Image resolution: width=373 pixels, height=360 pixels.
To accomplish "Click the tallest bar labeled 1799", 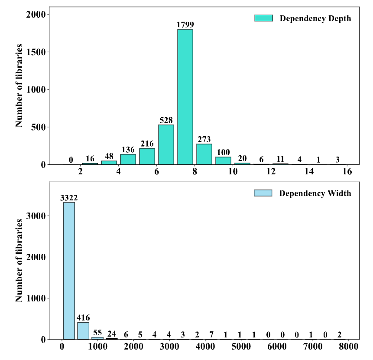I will (x=185, y=97).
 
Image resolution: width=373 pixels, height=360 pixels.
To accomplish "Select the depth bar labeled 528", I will (x=166, y=144).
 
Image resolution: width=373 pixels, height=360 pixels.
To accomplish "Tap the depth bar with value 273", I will (x=204, y=154).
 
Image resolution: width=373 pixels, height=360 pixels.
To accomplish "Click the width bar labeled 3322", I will (x=69, y=271).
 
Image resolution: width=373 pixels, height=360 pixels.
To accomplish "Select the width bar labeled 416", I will (x=83, y=331).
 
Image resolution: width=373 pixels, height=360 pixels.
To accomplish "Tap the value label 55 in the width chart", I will (x=97, y=333).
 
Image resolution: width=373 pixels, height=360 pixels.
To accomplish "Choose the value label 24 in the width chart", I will (x=112, y=334).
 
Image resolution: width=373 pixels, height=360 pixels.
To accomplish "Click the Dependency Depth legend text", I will (x=315, y=18).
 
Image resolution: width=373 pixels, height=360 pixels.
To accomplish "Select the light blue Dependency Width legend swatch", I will (x=263, y=193).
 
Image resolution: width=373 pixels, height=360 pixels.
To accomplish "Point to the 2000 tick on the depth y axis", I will (x=38, y=14).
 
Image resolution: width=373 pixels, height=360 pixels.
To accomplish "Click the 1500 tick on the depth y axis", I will (x=38, y=52).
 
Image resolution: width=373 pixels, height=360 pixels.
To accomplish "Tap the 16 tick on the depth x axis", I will (x=347, y=172).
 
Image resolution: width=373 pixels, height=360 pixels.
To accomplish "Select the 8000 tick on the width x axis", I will (x=348, y=347).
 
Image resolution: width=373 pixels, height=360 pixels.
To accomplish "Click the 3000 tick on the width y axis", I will (x=38, y=216).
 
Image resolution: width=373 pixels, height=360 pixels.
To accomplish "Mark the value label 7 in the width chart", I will (x=211, y=334).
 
